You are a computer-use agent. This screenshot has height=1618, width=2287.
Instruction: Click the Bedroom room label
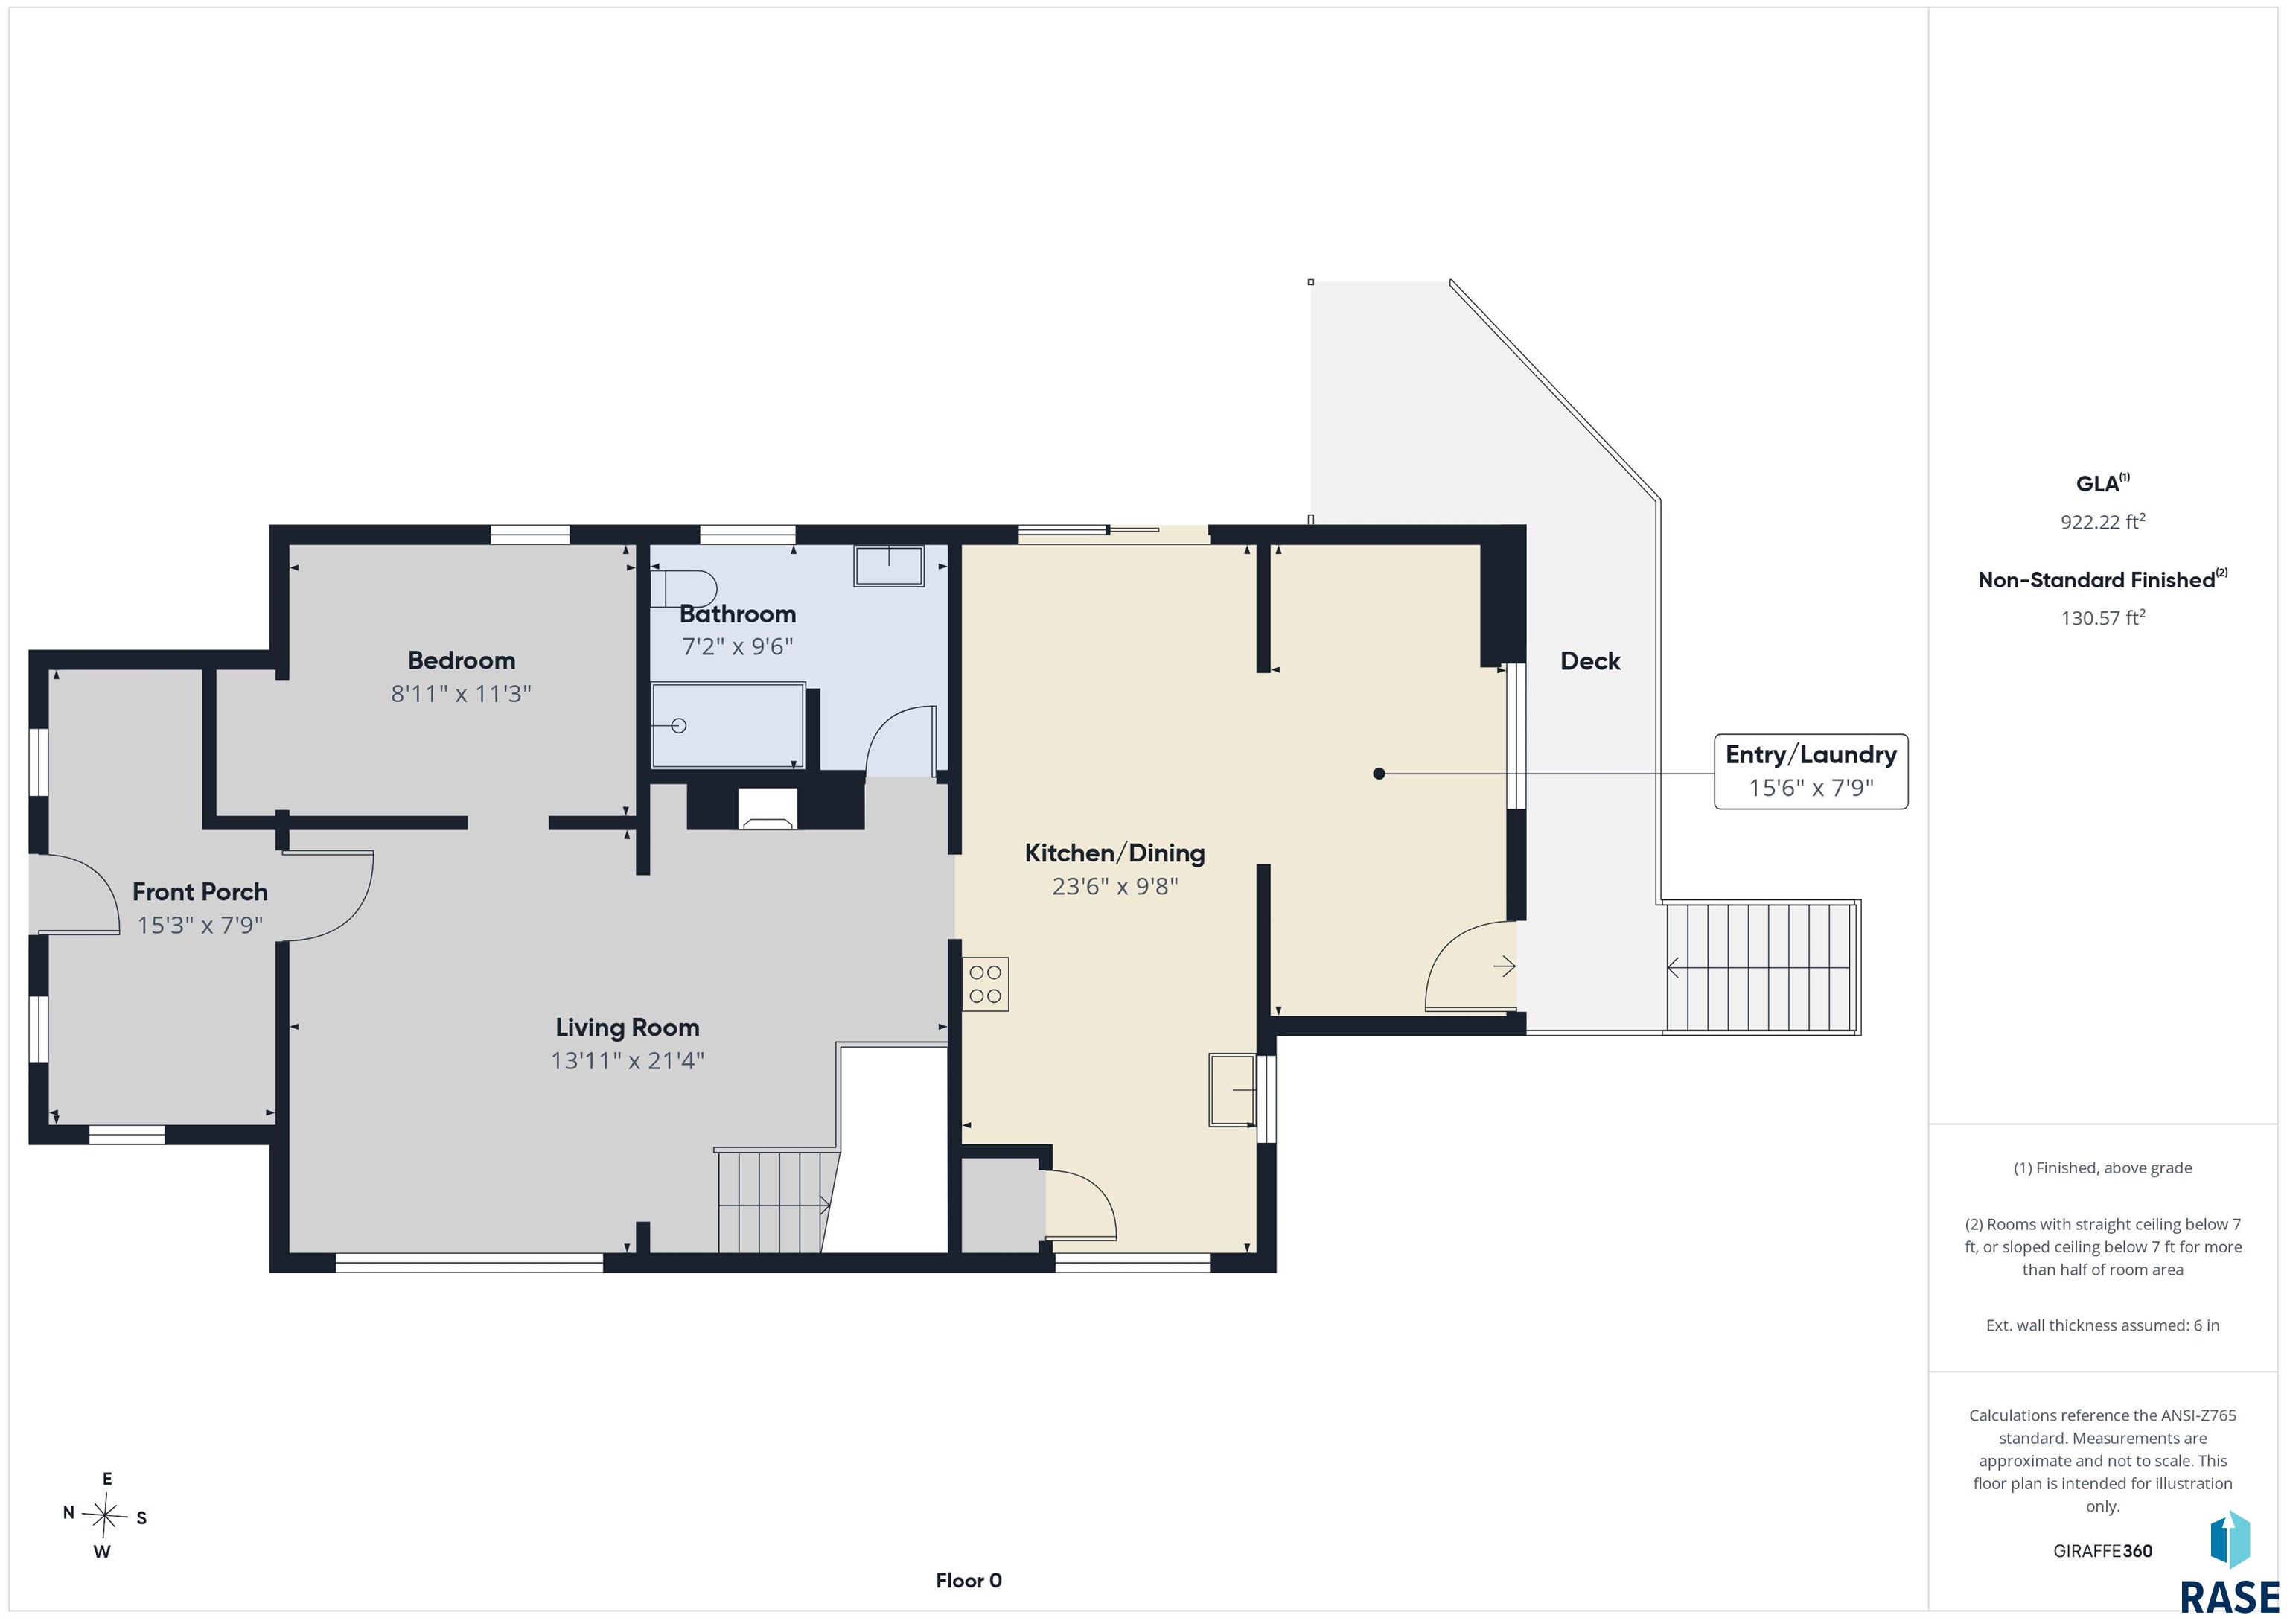(x=461, y=660)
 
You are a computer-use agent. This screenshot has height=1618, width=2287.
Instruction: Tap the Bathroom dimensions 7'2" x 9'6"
(x=737, y=646)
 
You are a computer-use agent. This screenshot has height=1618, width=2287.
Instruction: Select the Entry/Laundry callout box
(x=1811, y=771)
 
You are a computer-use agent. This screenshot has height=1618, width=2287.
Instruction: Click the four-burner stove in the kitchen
(x=985, y=984)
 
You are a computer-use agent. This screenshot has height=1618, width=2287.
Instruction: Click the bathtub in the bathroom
(x=728, y=725)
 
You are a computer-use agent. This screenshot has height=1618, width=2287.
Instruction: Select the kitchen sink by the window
(x=1232, y=1090)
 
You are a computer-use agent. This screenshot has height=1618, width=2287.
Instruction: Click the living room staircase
(x=774, y=1200)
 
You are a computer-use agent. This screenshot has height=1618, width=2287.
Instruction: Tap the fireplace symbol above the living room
(x=767, y=808)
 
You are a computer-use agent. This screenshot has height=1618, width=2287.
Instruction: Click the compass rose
(x=104, y=1515)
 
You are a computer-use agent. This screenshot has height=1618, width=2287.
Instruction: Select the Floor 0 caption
(x=969, y=1580)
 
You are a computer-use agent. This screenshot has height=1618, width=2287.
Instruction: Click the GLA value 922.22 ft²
(x=2102, y=521)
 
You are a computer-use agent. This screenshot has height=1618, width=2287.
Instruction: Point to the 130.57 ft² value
(x=2102, y=618)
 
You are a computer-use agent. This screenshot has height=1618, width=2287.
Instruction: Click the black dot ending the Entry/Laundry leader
(x=1379, y=773)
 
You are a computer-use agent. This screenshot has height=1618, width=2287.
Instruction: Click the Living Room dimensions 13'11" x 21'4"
(x=628, y=1060)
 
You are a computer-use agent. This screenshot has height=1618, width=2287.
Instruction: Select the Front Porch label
(x=200, y=892)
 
